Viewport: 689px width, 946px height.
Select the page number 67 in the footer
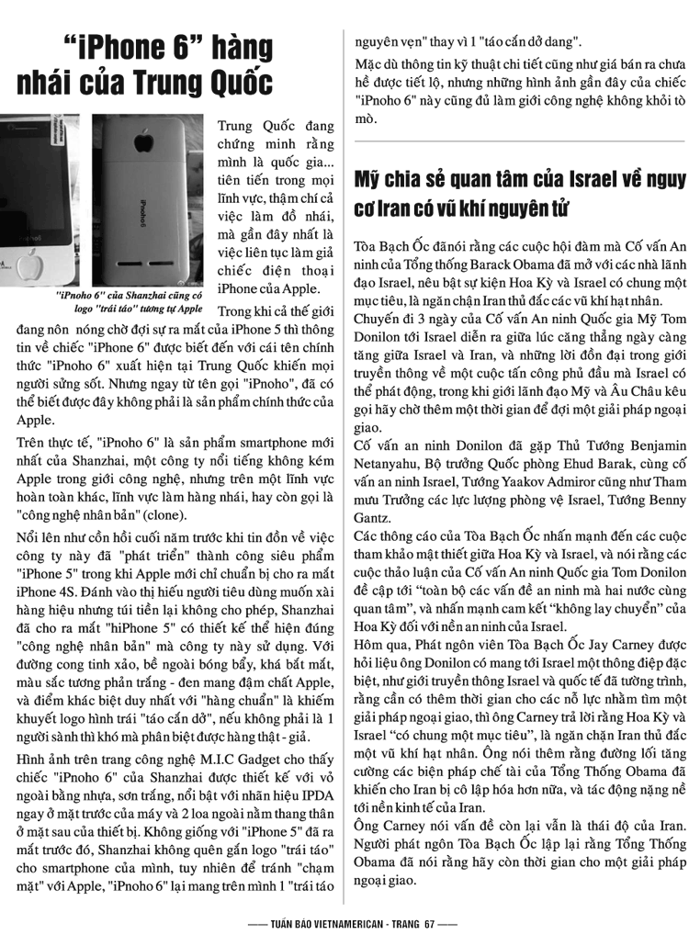[429, 925]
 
